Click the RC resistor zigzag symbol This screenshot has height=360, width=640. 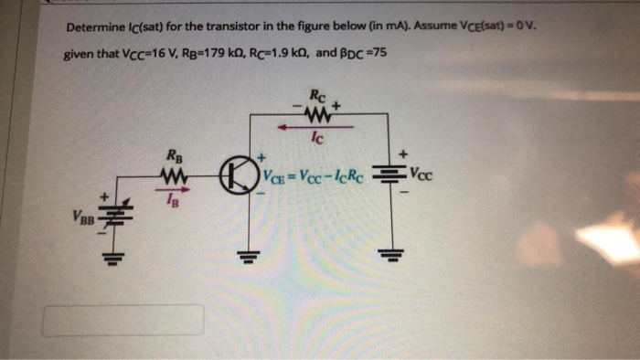(320, 116)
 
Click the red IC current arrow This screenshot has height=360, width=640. (315, 129)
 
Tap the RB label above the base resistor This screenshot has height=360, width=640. (170, 155)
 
